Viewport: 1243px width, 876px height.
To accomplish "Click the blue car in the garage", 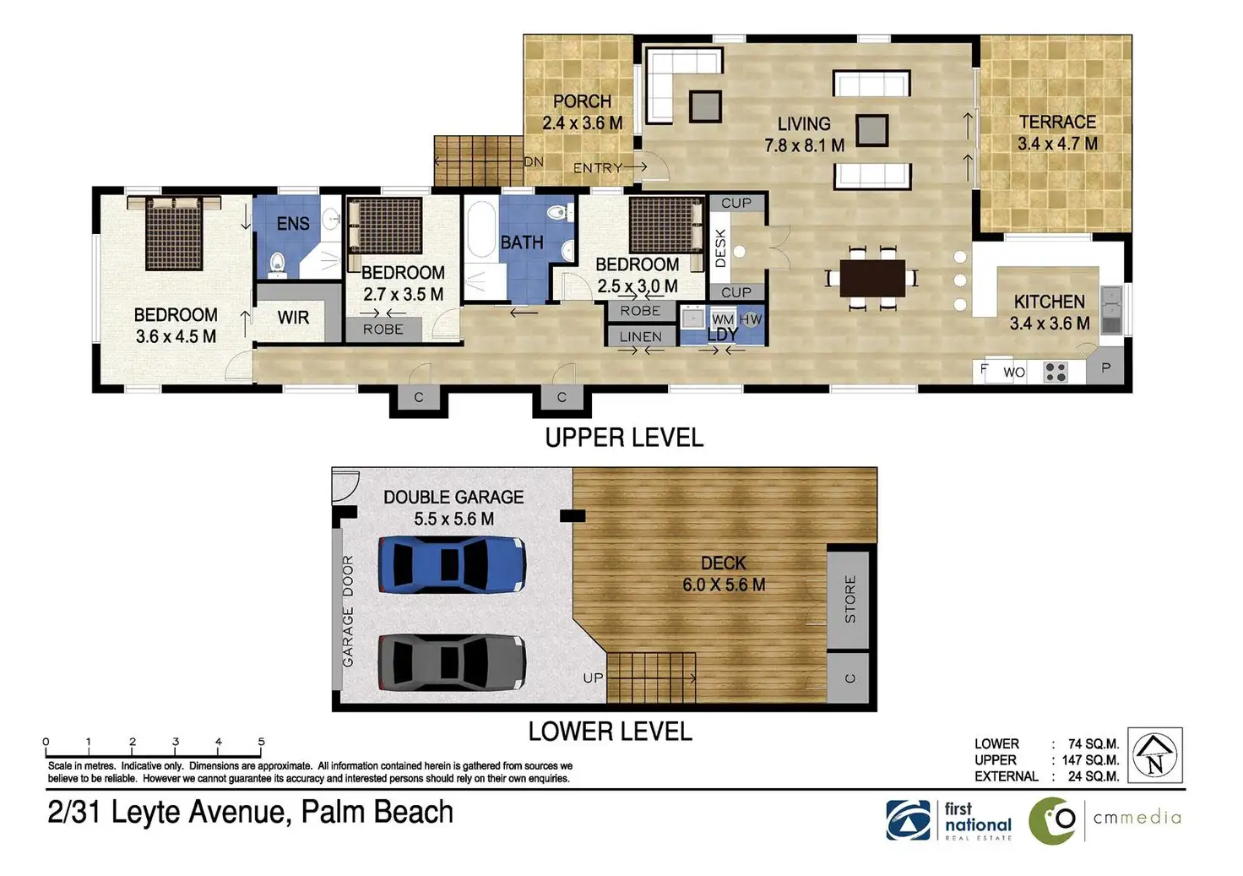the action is click(x=452, y=564).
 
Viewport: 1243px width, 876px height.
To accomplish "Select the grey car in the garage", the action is click(x=452, y=662).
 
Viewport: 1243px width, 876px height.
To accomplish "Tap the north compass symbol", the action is click(x=1155, y=755).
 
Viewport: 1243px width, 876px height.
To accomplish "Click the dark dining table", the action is click(x=872, y=278).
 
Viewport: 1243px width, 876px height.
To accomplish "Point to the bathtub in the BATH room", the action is click(x=480, y=229).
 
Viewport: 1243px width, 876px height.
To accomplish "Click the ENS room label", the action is click(x=293, y=223).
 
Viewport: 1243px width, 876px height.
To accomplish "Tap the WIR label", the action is click(x=293, y=317).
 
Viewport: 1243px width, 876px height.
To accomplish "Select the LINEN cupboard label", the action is click(x=640, y=336).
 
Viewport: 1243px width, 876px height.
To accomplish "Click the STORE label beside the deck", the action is click(x=850, y=599).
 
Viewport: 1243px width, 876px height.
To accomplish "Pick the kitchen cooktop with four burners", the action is click(x=1055, y=372).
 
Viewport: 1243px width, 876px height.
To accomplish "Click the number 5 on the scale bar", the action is click(x=262, y=741).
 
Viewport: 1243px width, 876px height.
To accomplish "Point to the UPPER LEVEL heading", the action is click(x=624, y=438).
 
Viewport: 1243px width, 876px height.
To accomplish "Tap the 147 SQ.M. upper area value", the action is click(x=1090, y=760).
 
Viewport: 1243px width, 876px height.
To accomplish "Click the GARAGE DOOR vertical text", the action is click(x=348, y=612).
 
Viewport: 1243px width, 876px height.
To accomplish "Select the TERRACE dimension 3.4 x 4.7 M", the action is click(x=1057, y=144).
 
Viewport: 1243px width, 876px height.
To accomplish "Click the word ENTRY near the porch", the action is click(x=598, y=167).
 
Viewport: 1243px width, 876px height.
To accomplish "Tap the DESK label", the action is click(x=720, y=248).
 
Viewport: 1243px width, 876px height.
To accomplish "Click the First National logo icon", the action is click(x=909, y=820).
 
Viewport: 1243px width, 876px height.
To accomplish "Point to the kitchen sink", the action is click(x=1111, y=310).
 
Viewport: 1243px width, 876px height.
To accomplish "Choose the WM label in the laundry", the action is click(x=723, y=319).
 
